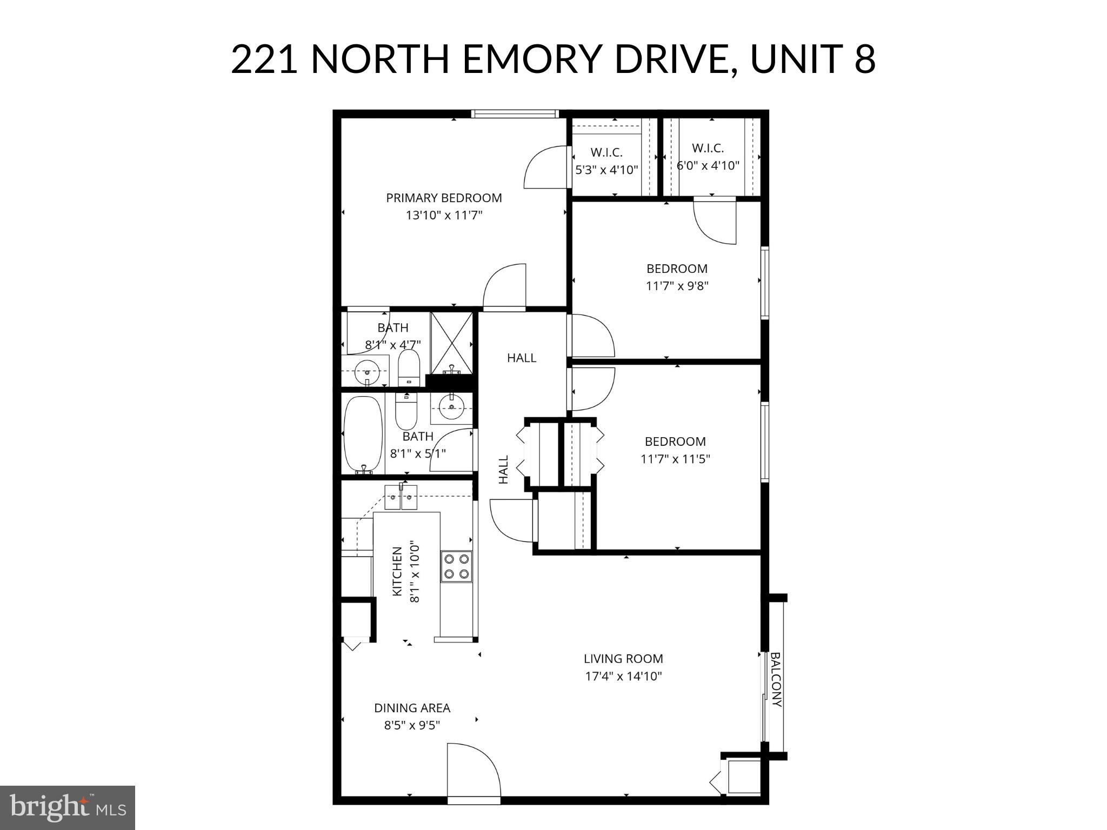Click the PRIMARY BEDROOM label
pos(444,198)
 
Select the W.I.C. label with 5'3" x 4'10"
pos(606,152)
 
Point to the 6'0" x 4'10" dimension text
pos(708,165)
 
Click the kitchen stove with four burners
pos(456,566)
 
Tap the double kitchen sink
pos(401,498)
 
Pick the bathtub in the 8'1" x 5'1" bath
pos(363,433)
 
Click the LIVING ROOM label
pos(623,659)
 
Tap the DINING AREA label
pos(412,708)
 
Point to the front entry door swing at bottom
pos(472,769)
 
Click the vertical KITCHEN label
pos(397,572)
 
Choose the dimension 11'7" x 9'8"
pos(677,286)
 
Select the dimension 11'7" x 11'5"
pos(675,459)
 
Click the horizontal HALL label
pos(522,358)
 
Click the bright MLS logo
pos(68,808)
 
